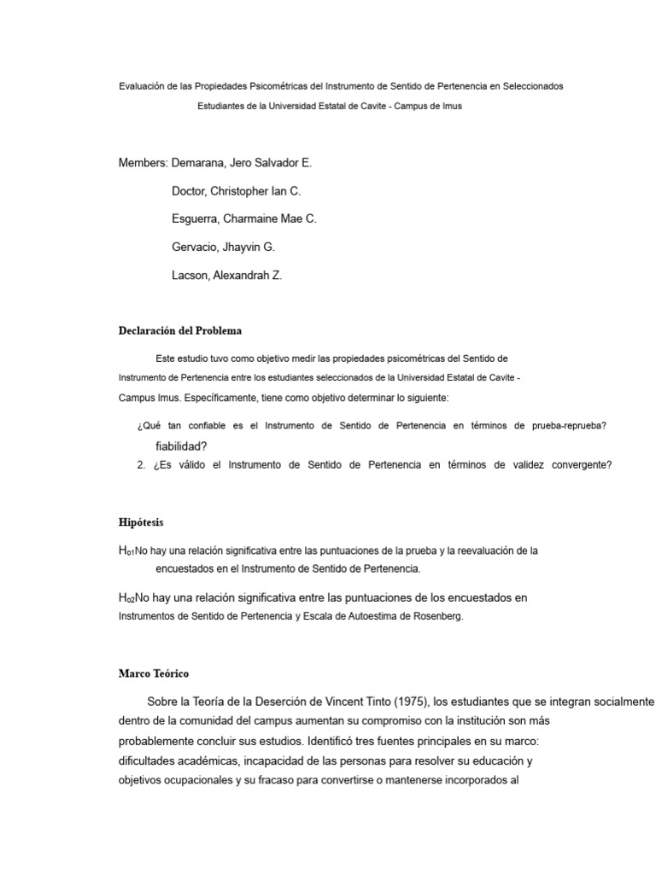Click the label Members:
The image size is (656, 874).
pyautogui.click(x=143, y=162)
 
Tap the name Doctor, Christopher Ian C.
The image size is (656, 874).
pyautogui.click(x=237, y=190)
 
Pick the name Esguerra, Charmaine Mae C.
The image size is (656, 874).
pyautogui.click(x=244, y=218)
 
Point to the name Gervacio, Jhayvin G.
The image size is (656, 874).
pyautogui.click(x=224, y=247)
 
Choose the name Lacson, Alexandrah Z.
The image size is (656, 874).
pyautogui.click(x=227, y=275)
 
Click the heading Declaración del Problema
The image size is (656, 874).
pyautogui.click(x=180, y=330)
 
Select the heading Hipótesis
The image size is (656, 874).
pyautogui.click(x=140, y=521)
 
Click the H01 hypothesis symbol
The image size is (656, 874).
pyautogui.click(x=126, y=551)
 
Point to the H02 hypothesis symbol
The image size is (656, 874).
pyautogui.click(x=126, y=598)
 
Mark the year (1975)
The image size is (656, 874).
pyautogui.click(x=412, y=702)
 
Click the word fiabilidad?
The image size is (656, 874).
pyautogui.click(x=182, y=446)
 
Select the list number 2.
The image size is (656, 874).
pyautogui.click(x=141, y=465)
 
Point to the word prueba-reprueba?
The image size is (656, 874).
pyautogui.click(x=569, y=426)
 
